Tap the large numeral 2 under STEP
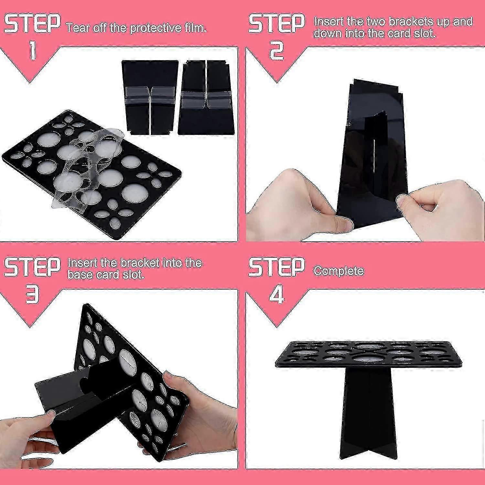point(276,51)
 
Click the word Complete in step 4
point(339,271)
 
